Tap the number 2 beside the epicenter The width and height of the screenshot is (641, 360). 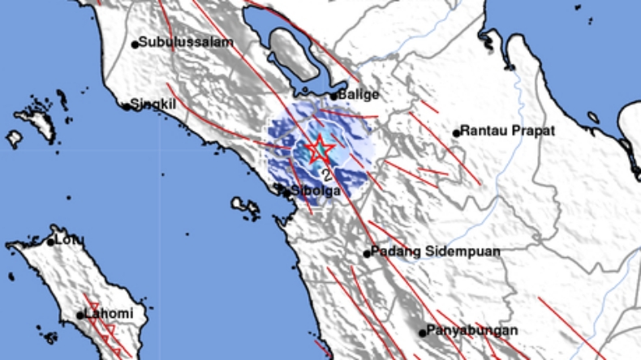click(x=326, y=174)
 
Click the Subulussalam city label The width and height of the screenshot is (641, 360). click(x=186, y=42)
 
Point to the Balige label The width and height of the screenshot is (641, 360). click(x=359, y=95)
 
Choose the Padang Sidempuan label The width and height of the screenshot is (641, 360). click(x=436, y=252)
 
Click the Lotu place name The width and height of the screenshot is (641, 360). click(x=67, y=241)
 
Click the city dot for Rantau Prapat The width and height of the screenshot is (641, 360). click(x=457, y=132)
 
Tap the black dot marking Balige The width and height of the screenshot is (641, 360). click(x=333, y=96)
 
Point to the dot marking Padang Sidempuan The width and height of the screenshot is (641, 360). click(x=367, y=253)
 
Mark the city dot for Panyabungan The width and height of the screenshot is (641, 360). click(x=423, y=332)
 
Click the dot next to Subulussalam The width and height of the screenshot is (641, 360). click(x=135, y=43)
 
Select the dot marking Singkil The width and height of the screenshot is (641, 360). click(x=127, y=105)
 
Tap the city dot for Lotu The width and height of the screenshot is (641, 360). click(x=50, y=242)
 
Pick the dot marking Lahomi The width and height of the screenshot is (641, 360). click(x=81, y=315)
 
